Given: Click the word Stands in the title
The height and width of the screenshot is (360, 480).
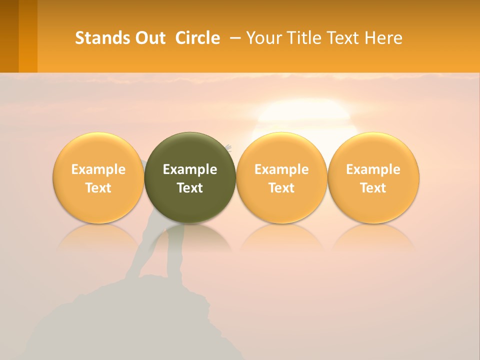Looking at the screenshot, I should [x=101, y=38].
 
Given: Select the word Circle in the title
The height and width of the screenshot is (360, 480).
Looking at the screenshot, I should [x=197, y=38].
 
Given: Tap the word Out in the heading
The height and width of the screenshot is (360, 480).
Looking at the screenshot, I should [x=149, y=38].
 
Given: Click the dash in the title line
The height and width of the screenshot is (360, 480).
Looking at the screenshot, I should [x=235, y=38].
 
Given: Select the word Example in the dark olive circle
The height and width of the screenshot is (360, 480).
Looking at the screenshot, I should [x=190, y=169].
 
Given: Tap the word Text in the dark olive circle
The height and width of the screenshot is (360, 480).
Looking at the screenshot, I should [x=190, y=188].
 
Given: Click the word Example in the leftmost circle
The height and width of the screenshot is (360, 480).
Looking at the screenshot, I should [x=98, y=169].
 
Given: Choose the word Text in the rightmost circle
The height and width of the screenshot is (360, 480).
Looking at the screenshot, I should [x=373, y=188].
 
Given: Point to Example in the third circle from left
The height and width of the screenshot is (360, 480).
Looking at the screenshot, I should [x=281, y=169].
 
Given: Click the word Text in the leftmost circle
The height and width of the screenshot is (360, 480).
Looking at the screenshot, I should [x=98, y=188].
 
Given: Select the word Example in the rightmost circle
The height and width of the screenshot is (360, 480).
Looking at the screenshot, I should [x=373, y=169].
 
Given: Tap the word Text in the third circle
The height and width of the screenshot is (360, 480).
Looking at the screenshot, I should [x=281, y=188].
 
